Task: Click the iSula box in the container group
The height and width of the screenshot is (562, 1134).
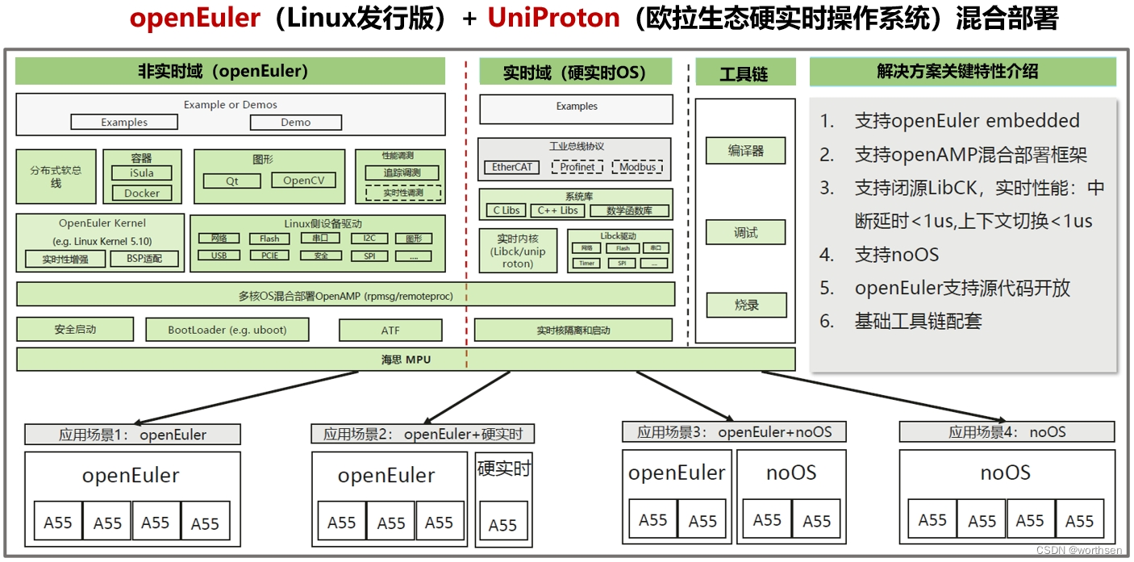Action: (x=142, y=173)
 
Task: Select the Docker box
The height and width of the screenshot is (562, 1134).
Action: (x=142, y=193)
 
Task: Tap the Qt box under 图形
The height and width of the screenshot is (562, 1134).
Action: (x=232, y=181)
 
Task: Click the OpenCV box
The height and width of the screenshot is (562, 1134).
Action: (x=303, y=181)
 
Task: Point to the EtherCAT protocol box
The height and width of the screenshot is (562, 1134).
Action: (x=512, y=167)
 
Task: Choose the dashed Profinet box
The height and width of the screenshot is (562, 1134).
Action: (x=577, y=167)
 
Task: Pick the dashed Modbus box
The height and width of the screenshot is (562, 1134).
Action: (x=637, y=167)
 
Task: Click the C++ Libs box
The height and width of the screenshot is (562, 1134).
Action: (x=557, y=210)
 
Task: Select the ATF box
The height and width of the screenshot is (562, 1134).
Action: (x=390, y=330)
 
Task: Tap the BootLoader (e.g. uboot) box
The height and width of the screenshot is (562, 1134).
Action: (x=227, y=330)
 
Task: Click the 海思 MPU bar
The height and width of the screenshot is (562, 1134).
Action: (x=406, y=360)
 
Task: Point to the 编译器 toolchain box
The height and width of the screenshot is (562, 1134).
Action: (x=745, y=151)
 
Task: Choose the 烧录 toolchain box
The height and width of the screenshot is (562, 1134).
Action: (x=745, y=305)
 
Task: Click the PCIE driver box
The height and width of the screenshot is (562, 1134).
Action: (x=269, y=256)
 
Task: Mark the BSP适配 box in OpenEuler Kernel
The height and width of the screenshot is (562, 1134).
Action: (x=144, y=259)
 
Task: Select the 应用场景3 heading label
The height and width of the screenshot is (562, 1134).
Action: (x=734, y=432)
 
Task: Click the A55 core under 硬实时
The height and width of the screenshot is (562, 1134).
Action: (x=502, y=525)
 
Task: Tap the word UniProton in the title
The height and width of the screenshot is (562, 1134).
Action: (x=553, y=19)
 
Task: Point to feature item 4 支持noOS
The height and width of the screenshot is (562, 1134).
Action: (x=896, y=255)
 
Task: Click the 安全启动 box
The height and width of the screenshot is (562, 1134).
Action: (x=75, y=329)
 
